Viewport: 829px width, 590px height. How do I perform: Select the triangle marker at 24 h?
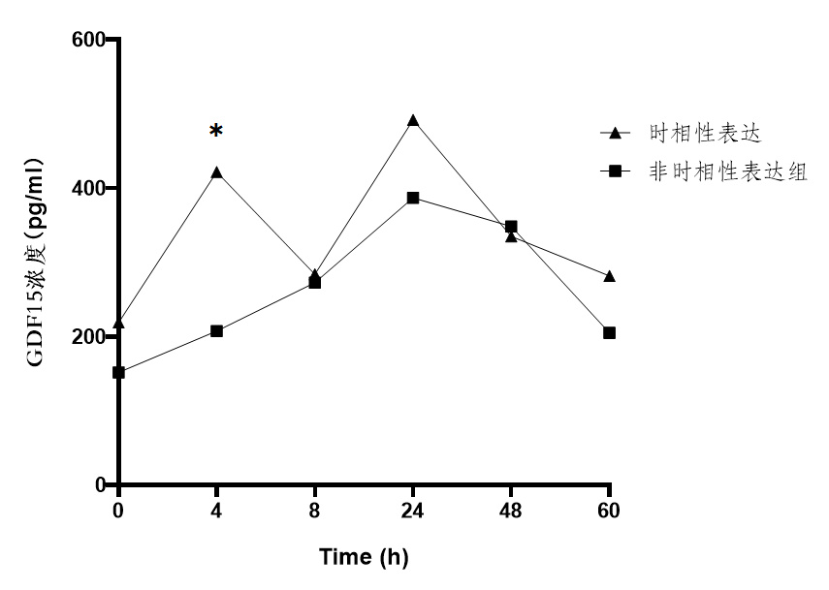(413, 121)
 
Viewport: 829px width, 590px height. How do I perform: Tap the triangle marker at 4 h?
(216, 173)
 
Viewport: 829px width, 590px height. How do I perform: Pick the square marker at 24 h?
(413, 198)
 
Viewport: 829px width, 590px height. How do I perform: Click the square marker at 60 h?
(609, 332)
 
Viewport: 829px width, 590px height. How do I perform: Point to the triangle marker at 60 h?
(609, 277)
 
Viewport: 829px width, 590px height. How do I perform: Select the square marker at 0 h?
(118, 372)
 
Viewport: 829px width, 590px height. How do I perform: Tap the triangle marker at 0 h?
(118, 324)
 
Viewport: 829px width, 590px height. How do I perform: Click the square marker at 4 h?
(216, 331)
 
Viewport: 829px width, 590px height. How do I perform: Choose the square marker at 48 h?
(511, 227)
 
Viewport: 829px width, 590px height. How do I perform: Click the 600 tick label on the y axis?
(88, 40)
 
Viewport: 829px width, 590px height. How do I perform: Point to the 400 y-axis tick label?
(88, 188)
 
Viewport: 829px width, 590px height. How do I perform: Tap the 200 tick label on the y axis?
(88, 336)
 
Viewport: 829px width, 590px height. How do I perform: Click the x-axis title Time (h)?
(364, 557)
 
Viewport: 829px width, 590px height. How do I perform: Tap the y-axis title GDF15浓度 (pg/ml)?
(35, 262)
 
